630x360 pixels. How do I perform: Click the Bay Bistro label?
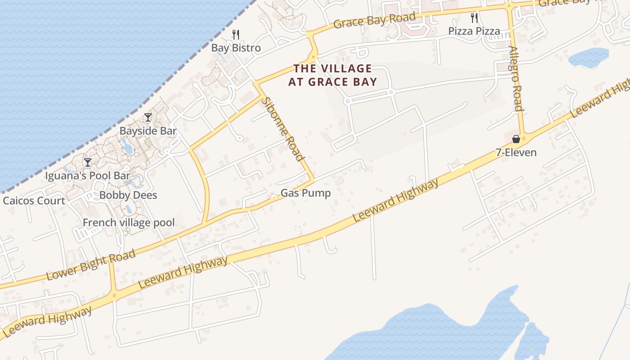click(x=236, y=48)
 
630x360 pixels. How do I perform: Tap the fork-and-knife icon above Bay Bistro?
click(x=236, y=34)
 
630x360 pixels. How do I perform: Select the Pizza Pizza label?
click(x=474, y=31)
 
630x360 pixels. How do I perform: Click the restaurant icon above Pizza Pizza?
click(x=474, y=18)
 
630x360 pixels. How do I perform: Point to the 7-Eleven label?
click(x=516, y=153)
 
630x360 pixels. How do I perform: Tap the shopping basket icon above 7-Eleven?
click(x=516, y=139)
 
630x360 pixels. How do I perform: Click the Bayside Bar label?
click(x=148, y=131)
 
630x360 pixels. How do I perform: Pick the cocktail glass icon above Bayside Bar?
click(x=148, y=117)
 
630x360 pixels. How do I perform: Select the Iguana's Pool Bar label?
click(x=88, y=175)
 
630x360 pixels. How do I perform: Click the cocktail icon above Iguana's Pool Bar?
click(x=88, y=162)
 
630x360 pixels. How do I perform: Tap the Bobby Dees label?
click(x=128, y=195)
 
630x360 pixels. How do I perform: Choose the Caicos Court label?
click(x=34, y=201)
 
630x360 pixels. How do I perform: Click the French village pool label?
click(x=129, y=223)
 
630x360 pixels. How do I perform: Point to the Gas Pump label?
click(x=306, y=193)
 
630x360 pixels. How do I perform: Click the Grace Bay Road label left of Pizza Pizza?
click(x=374, y=21)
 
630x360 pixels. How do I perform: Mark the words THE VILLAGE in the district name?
click(x=333, y=69)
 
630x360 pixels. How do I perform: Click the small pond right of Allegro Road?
click(x=589, y=57)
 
